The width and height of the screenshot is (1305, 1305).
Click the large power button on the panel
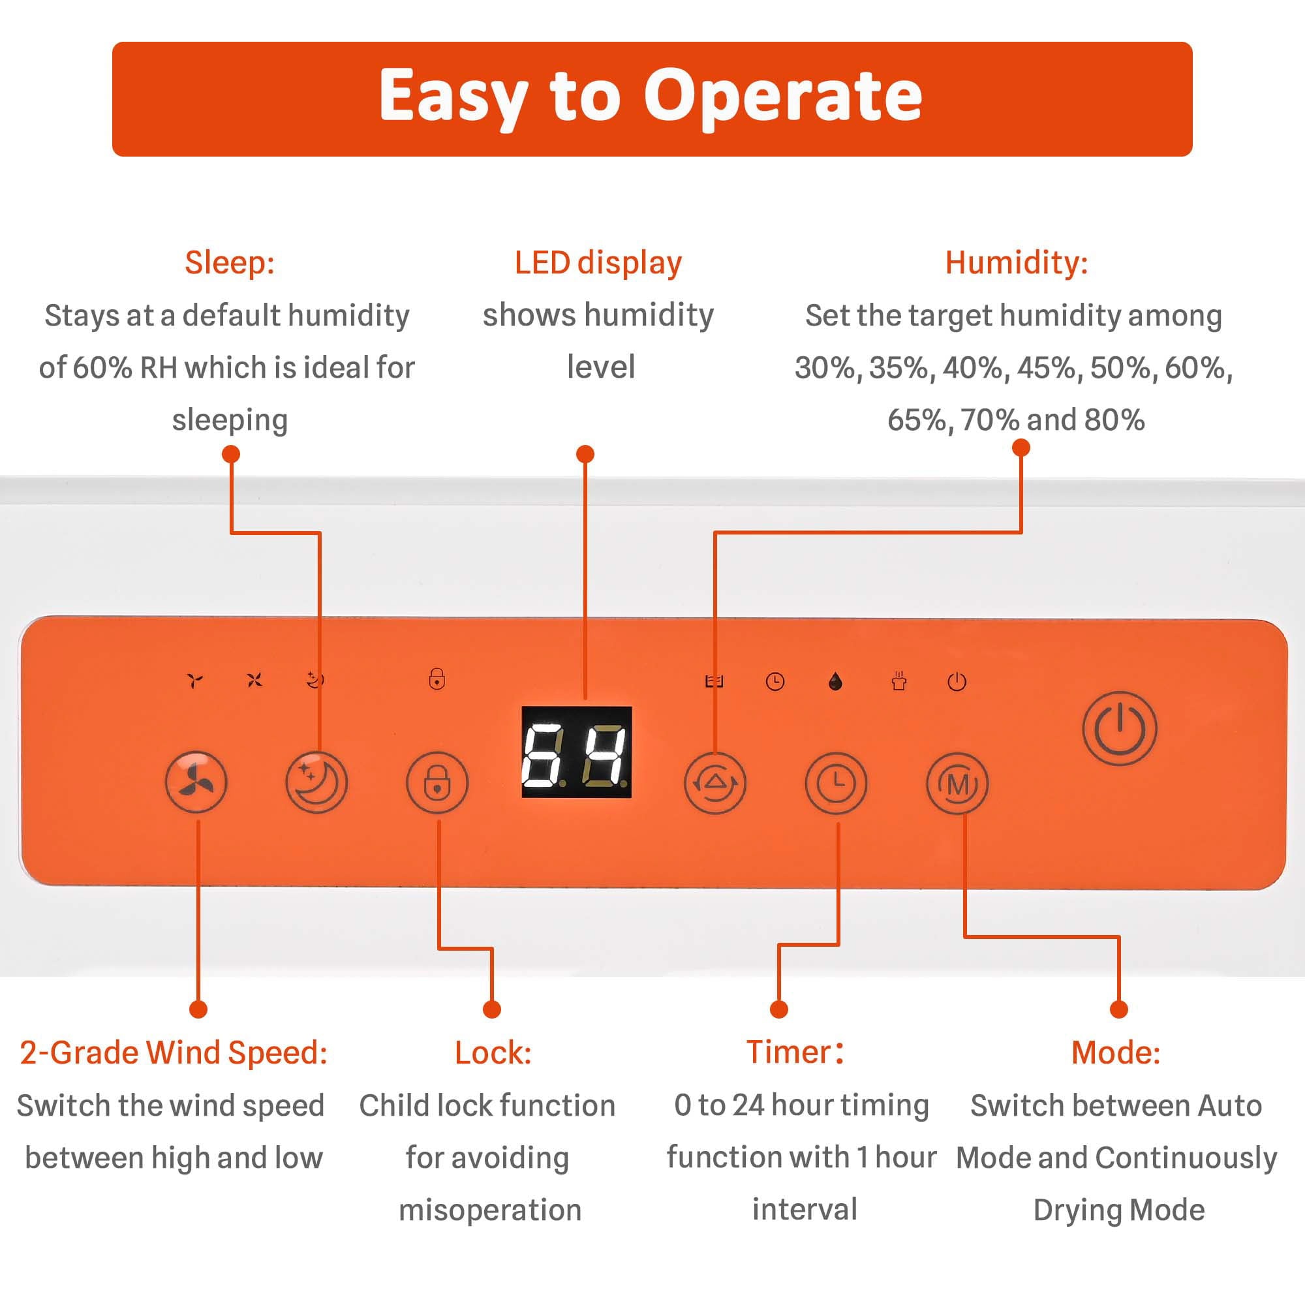click(x=1119, y=728)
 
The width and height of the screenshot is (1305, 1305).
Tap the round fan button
click(x=196, y=782)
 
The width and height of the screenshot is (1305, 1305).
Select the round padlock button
click(x=437, y=783)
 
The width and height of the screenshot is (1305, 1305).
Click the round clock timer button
click(x=836, y=783)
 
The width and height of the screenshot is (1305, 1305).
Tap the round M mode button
click(x=957, y=784)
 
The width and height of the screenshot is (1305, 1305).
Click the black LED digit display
click(x=577, y=752)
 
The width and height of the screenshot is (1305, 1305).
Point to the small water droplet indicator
click(x=836, y=682)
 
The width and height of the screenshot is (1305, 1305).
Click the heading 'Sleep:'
click(x=230, y=262)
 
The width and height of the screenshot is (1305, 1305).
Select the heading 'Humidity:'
click(x=1017, y=262)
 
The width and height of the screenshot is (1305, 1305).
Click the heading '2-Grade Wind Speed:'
click(x=174, y=1052)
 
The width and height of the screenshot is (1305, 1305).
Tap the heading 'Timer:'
click(x=795, y=1052)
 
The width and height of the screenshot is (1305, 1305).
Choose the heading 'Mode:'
click(x=1116, y=1052)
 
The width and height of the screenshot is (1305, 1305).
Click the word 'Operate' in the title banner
click(x=782, y=97)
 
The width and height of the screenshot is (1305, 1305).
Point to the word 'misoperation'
click(x=491, y=1209)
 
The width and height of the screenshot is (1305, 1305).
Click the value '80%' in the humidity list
click(x=1114, y=420)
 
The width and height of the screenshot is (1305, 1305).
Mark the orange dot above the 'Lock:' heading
click(x=492, y=1009)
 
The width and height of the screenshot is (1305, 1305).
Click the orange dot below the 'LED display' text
click(x=585, y=454)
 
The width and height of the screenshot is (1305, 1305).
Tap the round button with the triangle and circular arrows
click(x=714, y=783)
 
